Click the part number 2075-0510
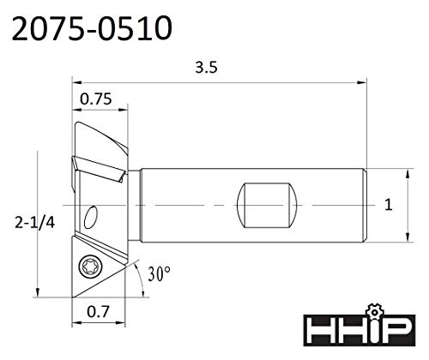92,28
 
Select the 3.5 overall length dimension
206,68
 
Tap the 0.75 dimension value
95,99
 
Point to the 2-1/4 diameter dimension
34,223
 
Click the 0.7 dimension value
98,311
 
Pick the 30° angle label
160,273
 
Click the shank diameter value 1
389,205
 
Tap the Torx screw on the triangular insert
88,267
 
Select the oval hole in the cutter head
91,217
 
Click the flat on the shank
267,205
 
